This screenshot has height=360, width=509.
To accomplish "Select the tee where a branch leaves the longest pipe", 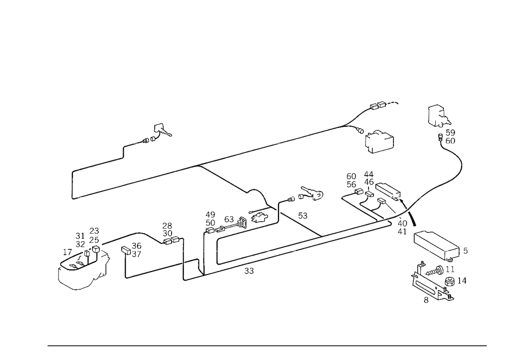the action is (203, 164).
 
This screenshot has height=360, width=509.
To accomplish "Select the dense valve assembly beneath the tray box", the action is (433, 283).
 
